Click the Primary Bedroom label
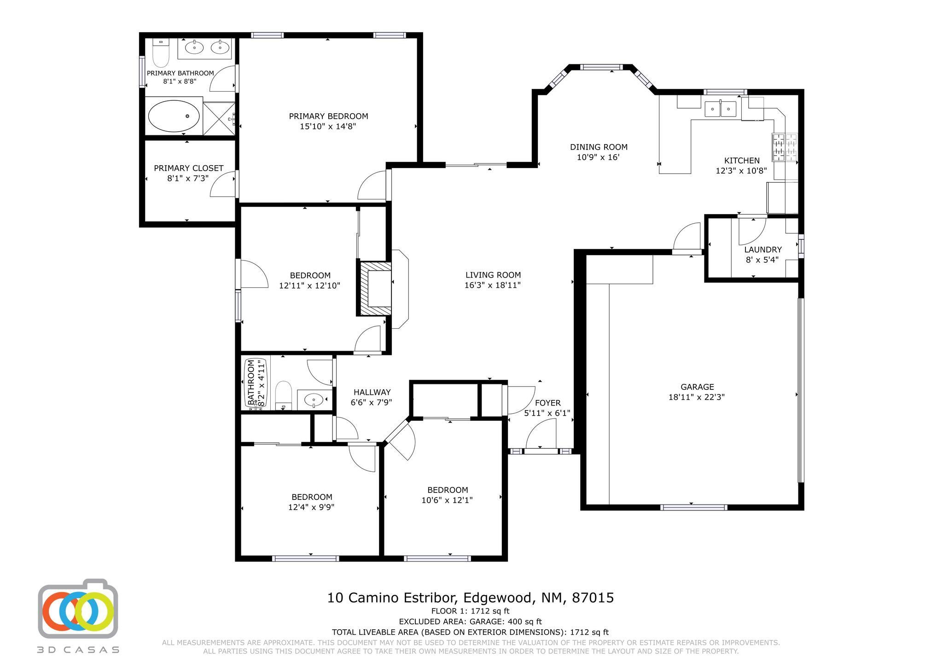coord(328,116)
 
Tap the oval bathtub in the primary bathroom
coord(174,116)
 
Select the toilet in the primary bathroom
coord(161,53)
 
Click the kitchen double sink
coord(721,109)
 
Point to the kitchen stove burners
coord(785,147)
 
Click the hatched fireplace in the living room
coord(374,288)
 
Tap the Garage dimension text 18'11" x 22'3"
coord(697,397)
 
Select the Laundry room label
coord(763,250)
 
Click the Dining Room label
coord(599,147)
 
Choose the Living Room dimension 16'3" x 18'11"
coord(493,285)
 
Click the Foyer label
coord(548,403)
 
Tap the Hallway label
coord(372,393)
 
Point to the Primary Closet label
coord(189,168)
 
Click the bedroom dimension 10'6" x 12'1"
coord(447,500)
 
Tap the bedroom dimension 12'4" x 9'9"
coord(311,507)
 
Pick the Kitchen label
coord(742,161)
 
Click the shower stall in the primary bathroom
coord(219,119)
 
